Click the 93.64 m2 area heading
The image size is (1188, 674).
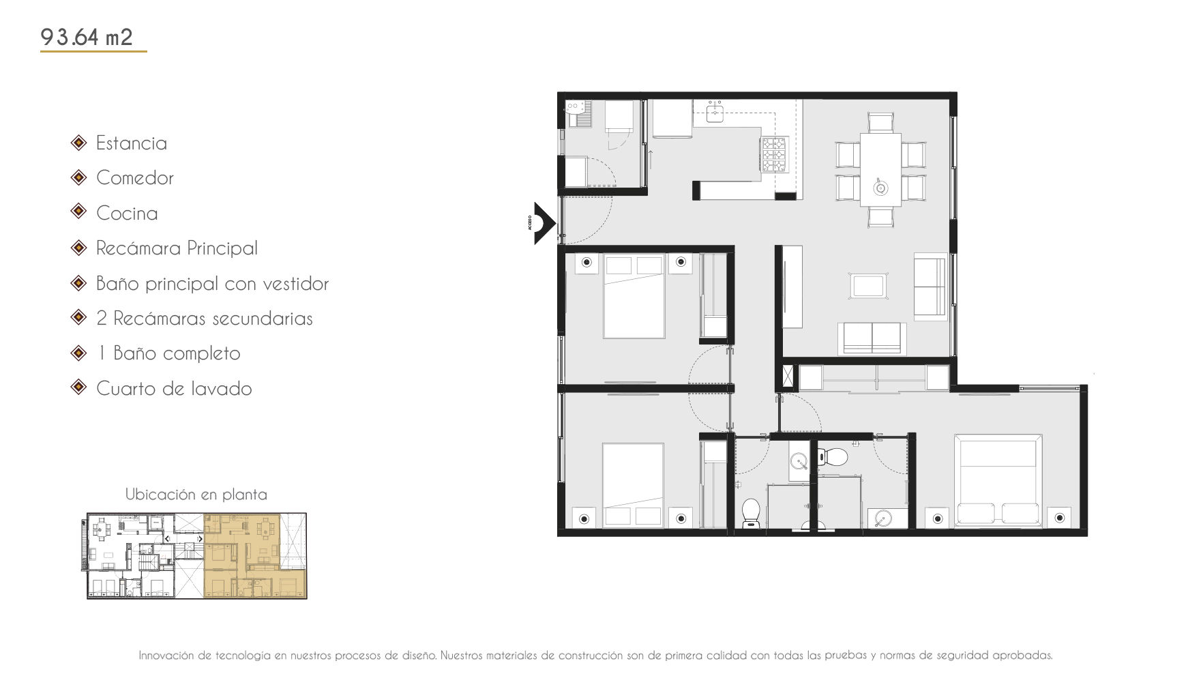coord(87,36)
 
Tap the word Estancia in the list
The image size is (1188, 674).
coord(132,143)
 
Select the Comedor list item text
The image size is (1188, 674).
coord(135,178)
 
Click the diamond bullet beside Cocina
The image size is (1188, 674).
coord(79,211)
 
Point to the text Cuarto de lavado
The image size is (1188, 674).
coord(174,389)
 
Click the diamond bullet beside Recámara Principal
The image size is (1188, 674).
coord(79,247)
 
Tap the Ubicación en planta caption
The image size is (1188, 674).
coord(196,495)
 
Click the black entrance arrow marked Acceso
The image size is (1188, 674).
coord(544,222)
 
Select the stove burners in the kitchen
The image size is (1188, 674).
coord(774,154)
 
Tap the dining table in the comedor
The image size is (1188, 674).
coord(880,170)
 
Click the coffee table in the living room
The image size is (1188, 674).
coord(869,286)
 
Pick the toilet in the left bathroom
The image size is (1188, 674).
coord(751,513)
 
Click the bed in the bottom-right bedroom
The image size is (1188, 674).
coord(998,481)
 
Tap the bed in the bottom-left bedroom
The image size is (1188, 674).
coord(633,485)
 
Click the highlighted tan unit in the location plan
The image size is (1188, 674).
coord(255,556)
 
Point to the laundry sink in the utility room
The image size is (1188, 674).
coord(578,113)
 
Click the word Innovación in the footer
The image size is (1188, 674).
coord(166,656)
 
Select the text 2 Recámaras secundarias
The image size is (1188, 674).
coord(205,319)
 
